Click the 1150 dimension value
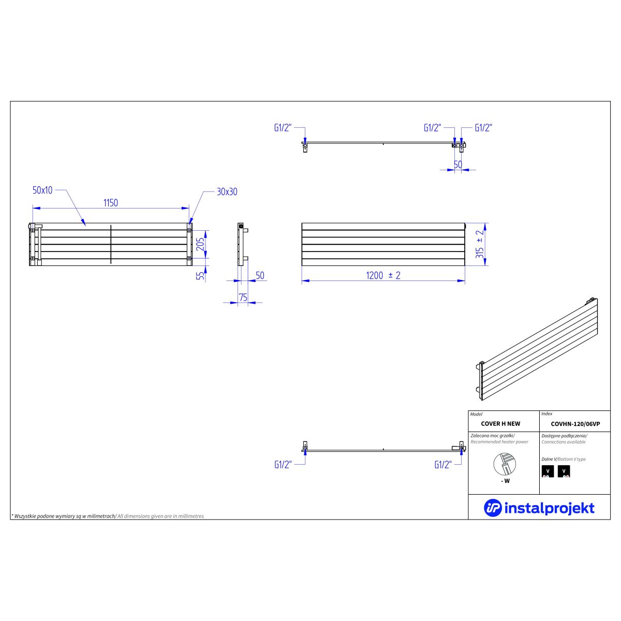[111, 203]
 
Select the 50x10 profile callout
[42, 190]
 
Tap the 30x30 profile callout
[227, 192]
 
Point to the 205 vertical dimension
[200, 244]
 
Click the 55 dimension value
[200, 276]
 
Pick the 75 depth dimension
[243, 297]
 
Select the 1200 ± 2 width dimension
[383, 275]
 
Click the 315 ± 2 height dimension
[480, 244]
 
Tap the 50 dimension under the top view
[457, 165]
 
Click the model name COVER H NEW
[500, 424]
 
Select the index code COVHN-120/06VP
[575, 424]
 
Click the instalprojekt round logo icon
[493, 508]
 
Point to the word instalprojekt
[550, 509]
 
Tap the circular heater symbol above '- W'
[505, 464]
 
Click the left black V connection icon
[548, 471]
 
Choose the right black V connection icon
[564, 471]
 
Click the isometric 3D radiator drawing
[537, 349]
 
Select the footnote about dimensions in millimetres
[108, 516]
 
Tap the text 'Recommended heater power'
[499, 442]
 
